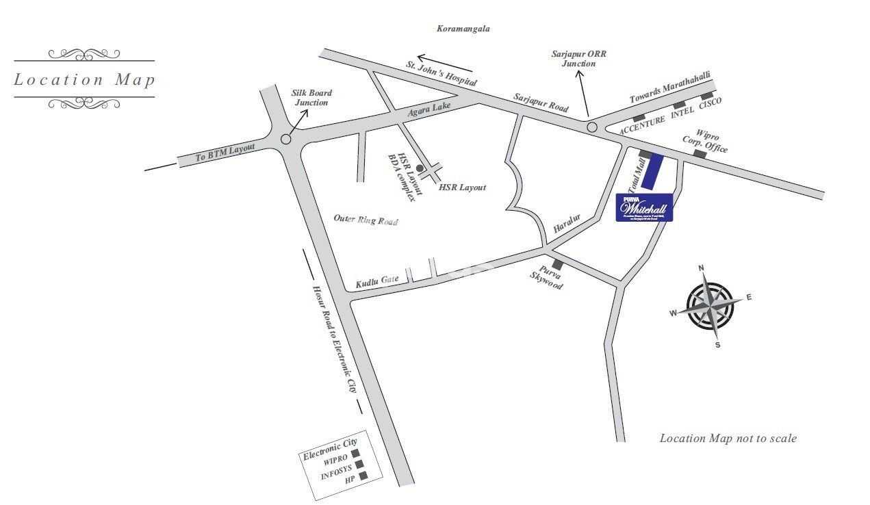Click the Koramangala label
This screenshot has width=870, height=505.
pos(463,29)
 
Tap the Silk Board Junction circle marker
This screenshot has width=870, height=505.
pos(286,139)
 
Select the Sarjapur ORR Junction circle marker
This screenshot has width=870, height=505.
pos(591,127)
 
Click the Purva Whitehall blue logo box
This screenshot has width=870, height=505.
pos(644,207)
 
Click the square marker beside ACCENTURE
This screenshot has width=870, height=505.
pos(639,118)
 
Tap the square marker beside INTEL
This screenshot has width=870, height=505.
pos(679,105)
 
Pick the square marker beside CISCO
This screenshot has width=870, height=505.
pos(706,96)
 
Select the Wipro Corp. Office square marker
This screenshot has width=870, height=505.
pos(700,155)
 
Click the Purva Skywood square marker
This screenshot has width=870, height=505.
pos(557,264)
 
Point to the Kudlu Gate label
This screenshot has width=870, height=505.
pos(376,281)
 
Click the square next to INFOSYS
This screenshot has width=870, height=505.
pos(359,464)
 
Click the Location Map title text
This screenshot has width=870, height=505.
pos(85,79)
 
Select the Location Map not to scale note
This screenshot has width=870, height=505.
pos(728,438)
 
